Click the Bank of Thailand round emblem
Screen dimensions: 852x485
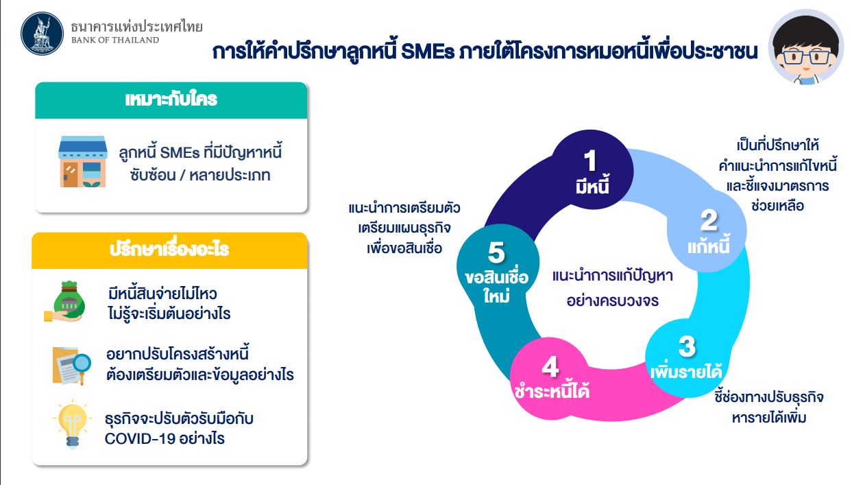[x=42, y=34]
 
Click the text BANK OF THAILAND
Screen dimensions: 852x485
[x=115, y=40]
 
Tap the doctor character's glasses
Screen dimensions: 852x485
[x=806, y=57]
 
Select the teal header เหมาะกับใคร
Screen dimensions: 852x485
[x=171, y=100]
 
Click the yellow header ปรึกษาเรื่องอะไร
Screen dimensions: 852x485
[x=169, y=250]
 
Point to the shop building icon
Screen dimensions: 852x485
[x=82, y=161]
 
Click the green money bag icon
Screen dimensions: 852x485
[x=65, y=302]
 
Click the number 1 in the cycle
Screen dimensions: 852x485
[x=591, y=161]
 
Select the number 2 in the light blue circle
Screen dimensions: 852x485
[x=709, y=220]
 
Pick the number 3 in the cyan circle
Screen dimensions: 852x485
[x=687, y=346]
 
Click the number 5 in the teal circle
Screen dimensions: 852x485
[x=496, y=252]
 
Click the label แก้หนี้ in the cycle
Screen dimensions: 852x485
[x=709, y=246]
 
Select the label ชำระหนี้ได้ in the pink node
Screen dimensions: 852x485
[x=552, y=390]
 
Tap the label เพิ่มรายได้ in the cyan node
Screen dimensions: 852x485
[x=686, y=371]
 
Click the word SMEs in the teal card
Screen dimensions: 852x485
[x=180, y=153]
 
